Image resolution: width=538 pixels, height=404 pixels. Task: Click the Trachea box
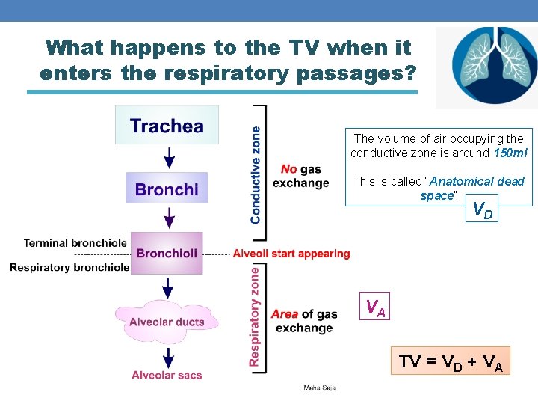167,125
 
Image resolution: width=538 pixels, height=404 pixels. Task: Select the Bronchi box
167,189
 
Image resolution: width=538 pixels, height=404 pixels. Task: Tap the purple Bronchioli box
167,253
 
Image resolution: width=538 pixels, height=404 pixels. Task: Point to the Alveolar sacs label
167,375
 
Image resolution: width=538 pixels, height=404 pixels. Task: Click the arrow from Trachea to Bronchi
170,158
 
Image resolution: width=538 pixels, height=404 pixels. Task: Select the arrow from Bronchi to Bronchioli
170,217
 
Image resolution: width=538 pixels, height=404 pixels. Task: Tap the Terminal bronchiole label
75,243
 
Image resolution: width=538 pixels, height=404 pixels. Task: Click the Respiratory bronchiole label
69,267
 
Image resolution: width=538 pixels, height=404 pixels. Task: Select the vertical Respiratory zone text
256,317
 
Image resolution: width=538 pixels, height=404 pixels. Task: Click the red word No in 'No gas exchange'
289,170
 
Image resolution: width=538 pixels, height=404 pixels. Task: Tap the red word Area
285,314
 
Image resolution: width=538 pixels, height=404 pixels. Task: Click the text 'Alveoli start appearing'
291,254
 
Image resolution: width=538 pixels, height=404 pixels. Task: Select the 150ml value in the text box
510,153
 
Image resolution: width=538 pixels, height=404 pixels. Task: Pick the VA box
375,307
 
